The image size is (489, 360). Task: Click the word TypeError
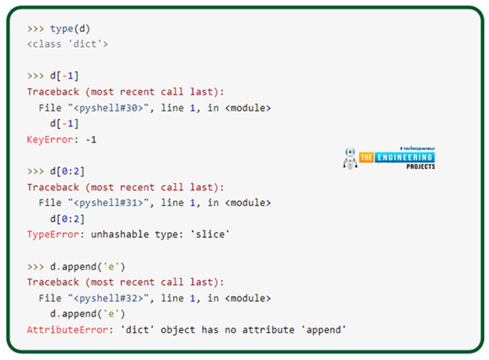click(x=47, y=234)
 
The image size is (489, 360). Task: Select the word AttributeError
click(x=67, y=329)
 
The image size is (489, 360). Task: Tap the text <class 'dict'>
click(x=67, y=44)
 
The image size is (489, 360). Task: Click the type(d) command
click(x=70, y=29)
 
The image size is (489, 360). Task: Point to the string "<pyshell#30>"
click(x=111, y=108)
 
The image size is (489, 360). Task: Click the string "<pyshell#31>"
click(x=111, y=203)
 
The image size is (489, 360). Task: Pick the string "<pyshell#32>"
click(x=111, y=298)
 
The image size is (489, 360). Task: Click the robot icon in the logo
click(x=350, y=159)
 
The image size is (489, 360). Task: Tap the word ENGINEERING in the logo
click(x=404, y=158)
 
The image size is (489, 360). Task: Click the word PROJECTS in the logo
click(x=421, y=167)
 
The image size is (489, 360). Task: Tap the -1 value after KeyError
click(x=90, y=140)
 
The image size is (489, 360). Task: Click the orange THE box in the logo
click(x=366, y=158)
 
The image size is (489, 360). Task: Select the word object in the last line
click(x=180, y=329)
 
